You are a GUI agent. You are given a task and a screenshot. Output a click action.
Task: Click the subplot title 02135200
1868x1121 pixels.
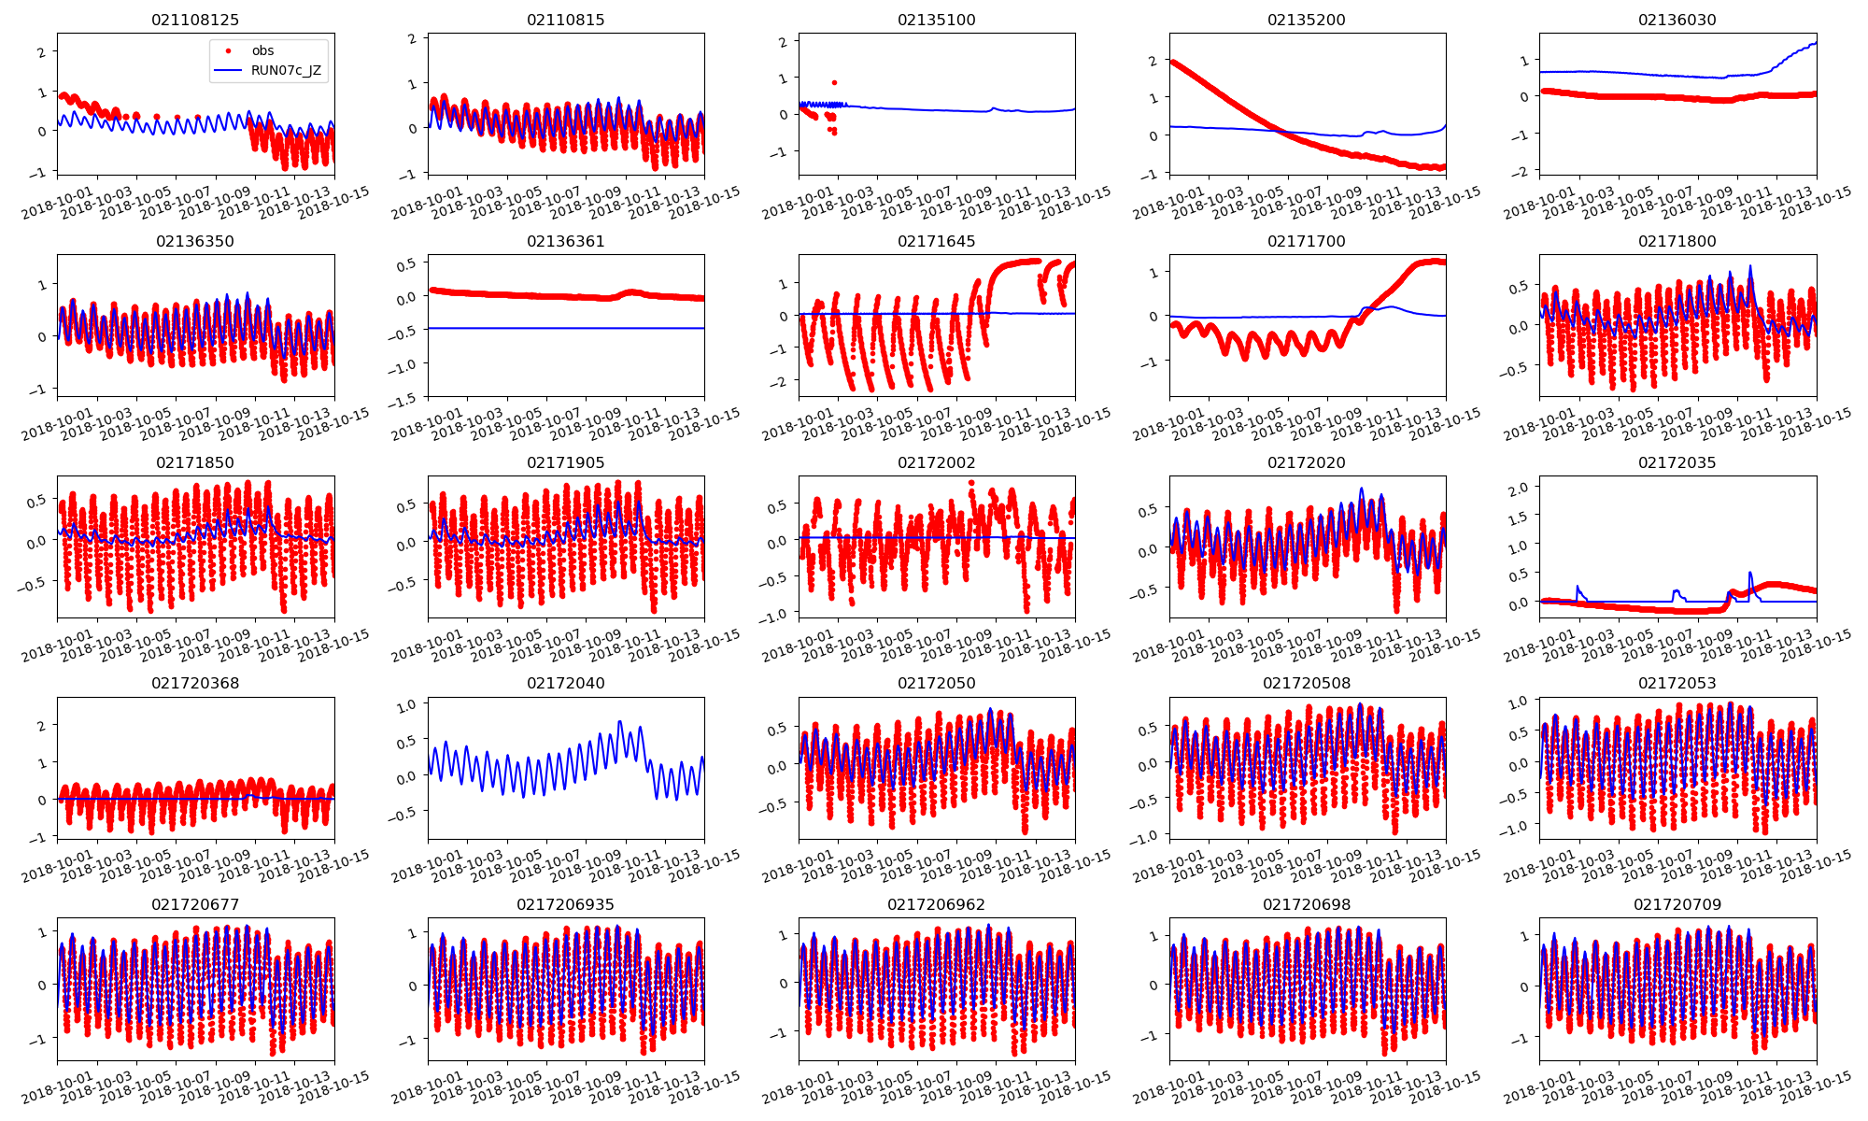(x=1307, y=20)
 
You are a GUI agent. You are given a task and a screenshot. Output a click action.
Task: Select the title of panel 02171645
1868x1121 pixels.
(x=936, y=241)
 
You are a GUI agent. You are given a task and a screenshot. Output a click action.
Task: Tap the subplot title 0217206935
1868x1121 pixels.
(x=565, y=904)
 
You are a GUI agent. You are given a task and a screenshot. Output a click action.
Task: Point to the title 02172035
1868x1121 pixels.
(x=1677, y=462)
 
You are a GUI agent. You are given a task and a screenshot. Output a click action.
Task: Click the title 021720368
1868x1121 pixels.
(x=195, y=683)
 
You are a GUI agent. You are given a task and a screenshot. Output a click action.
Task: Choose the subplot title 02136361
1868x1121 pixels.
(x=565, y=241)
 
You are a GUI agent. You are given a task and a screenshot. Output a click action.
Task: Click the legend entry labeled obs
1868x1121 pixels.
(x=262, y=50)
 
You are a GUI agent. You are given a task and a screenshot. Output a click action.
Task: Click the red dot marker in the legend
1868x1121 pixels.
(x=228, y=50)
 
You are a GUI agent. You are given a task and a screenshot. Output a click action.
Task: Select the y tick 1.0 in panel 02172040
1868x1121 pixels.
(x=406, y=706)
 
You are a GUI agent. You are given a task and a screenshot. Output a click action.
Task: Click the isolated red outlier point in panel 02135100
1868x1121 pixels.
(x=834, y=82)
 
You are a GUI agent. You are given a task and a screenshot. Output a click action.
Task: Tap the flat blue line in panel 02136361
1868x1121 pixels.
(x=565, y=328)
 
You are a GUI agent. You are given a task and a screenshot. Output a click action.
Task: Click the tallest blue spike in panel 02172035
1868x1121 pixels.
(x=1749, y=573)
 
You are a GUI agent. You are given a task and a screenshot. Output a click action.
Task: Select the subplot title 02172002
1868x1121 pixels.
(x=936, y=462)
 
